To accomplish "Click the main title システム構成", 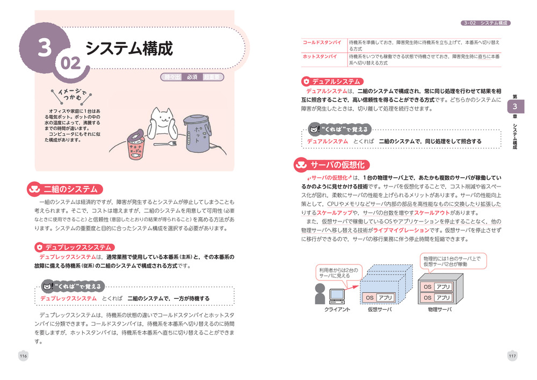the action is (129, 48).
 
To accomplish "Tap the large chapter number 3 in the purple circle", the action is (45, 47).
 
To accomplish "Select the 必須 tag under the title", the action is (192, 77).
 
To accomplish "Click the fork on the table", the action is (165, 144).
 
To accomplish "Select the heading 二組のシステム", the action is (70, 189).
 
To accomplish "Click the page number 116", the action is (23, 356).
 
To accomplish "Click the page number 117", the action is (512, 356).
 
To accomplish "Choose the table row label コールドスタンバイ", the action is (322, 42).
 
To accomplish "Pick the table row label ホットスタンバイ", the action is (320, 56).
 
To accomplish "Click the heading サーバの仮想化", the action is (337, 165).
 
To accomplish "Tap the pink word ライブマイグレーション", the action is (401, 230).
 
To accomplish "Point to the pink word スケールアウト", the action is (432, 213).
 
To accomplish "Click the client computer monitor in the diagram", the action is (337, 295).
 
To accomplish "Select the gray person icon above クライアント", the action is (320, 293).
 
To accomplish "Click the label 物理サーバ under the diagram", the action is (440, 310).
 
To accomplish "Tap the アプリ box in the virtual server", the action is (385, 298).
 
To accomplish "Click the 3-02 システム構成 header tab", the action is (485, 23).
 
